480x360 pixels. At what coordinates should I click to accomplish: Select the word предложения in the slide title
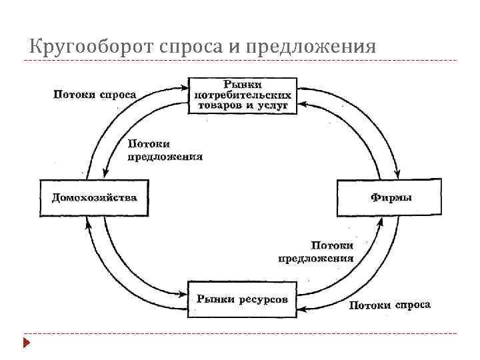311,47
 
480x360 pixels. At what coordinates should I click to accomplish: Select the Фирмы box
389,197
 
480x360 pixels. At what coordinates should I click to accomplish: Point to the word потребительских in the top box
243,95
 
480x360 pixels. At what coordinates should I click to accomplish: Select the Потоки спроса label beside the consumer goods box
95,94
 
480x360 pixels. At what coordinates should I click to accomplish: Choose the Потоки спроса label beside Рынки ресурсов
390,305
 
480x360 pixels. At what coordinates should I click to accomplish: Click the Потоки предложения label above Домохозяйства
165,150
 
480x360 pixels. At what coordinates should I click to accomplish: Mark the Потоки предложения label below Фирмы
316,253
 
